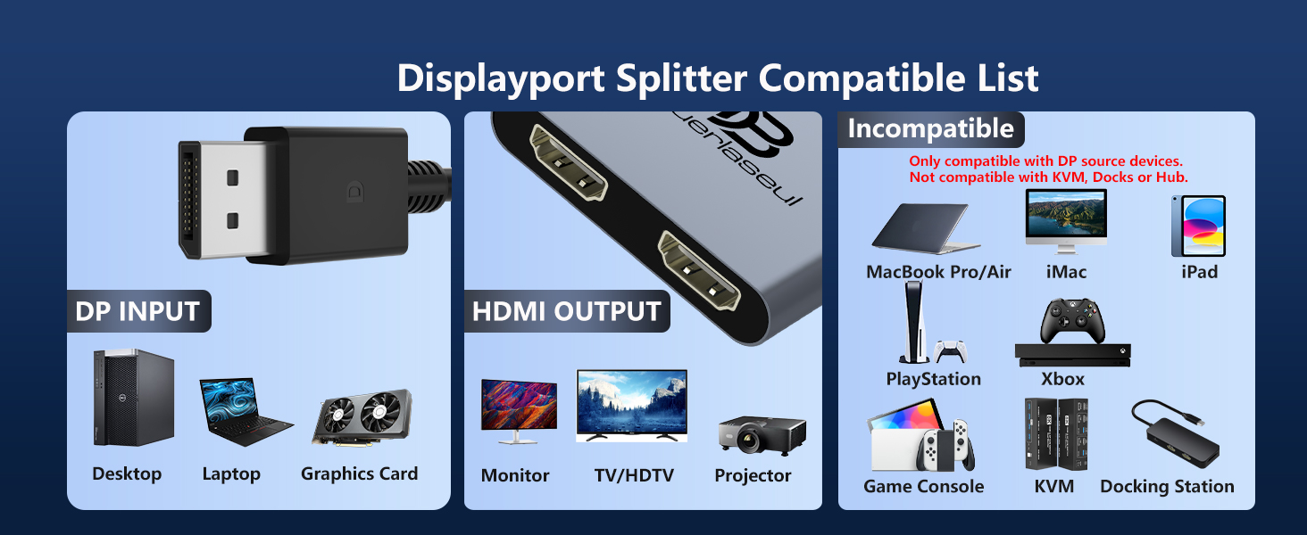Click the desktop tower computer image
tap(133, 398)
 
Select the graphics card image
tap(362, 417)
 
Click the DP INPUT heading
tap(137, 311)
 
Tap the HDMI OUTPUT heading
tap(566, 311)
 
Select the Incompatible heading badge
tap(930, 129)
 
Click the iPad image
tap(1198, 226)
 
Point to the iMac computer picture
tap(1066, 221)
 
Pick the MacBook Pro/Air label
tap(938, 272)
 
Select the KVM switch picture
tap(1055, 433)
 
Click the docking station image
tap(1173, 433)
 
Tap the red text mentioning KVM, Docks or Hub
tap(1048, 177)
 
